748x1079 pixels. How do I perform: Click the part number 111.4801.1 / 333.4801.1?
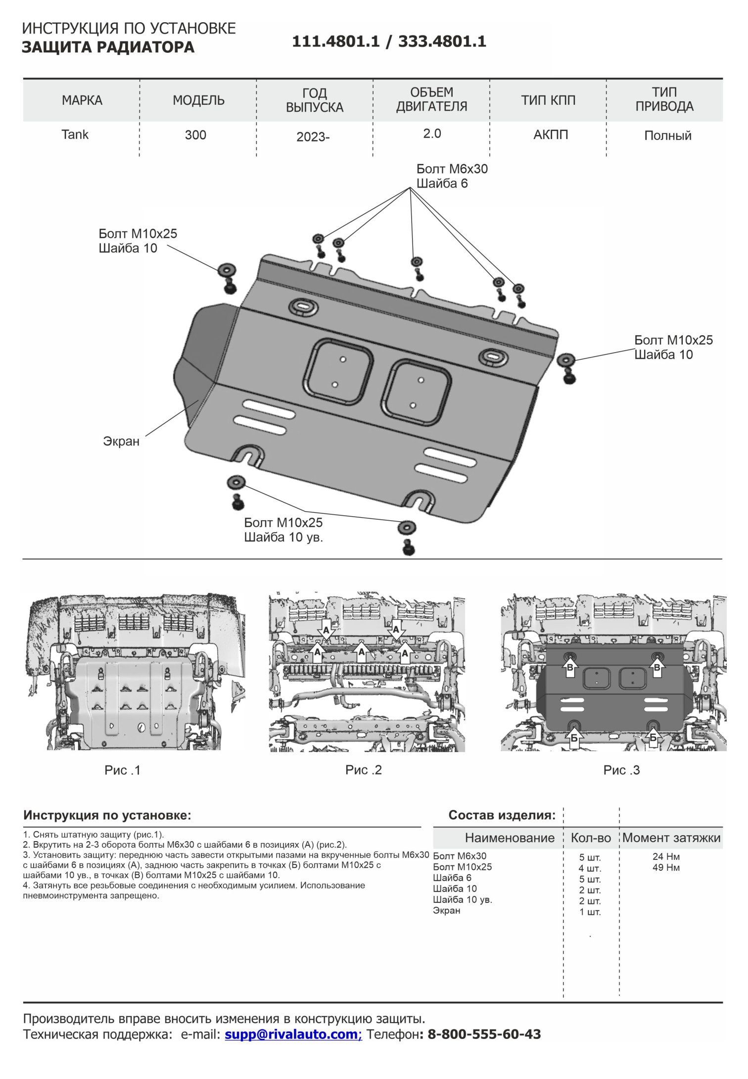click(389, 42)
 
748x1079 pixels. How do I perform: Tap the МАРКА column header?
click(82, 100)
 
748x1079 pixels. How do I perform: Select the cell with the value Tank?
click(75, 135)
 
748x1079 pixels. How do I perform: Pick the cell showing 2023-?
click(313, 136)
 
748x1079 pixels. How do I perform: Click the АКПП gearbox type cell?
click(551, 135)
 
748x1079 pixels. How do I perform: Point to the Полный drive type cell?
click(667, 135)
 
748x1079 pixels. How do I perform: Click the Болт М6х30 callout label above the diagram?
click(452, 169)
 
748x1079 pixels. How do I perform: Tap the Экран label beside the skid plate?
click(121, 441)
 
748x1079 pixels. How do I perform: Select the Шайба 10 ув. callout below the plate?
click(283, 538)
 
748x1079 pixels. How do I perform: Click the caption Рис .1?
click(123, 770)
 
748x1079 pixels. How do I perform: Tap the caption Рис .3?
click(621, 770)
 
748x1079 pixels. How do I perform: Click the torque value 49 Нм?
click(666, 867)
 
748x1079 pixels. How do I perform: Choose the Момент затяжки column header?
click(671, 838)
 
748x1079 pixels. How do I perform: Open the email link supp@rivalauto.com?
click(293, 1034)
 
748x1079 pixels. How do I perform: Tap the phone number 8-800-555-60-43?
click(484, 1034)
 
